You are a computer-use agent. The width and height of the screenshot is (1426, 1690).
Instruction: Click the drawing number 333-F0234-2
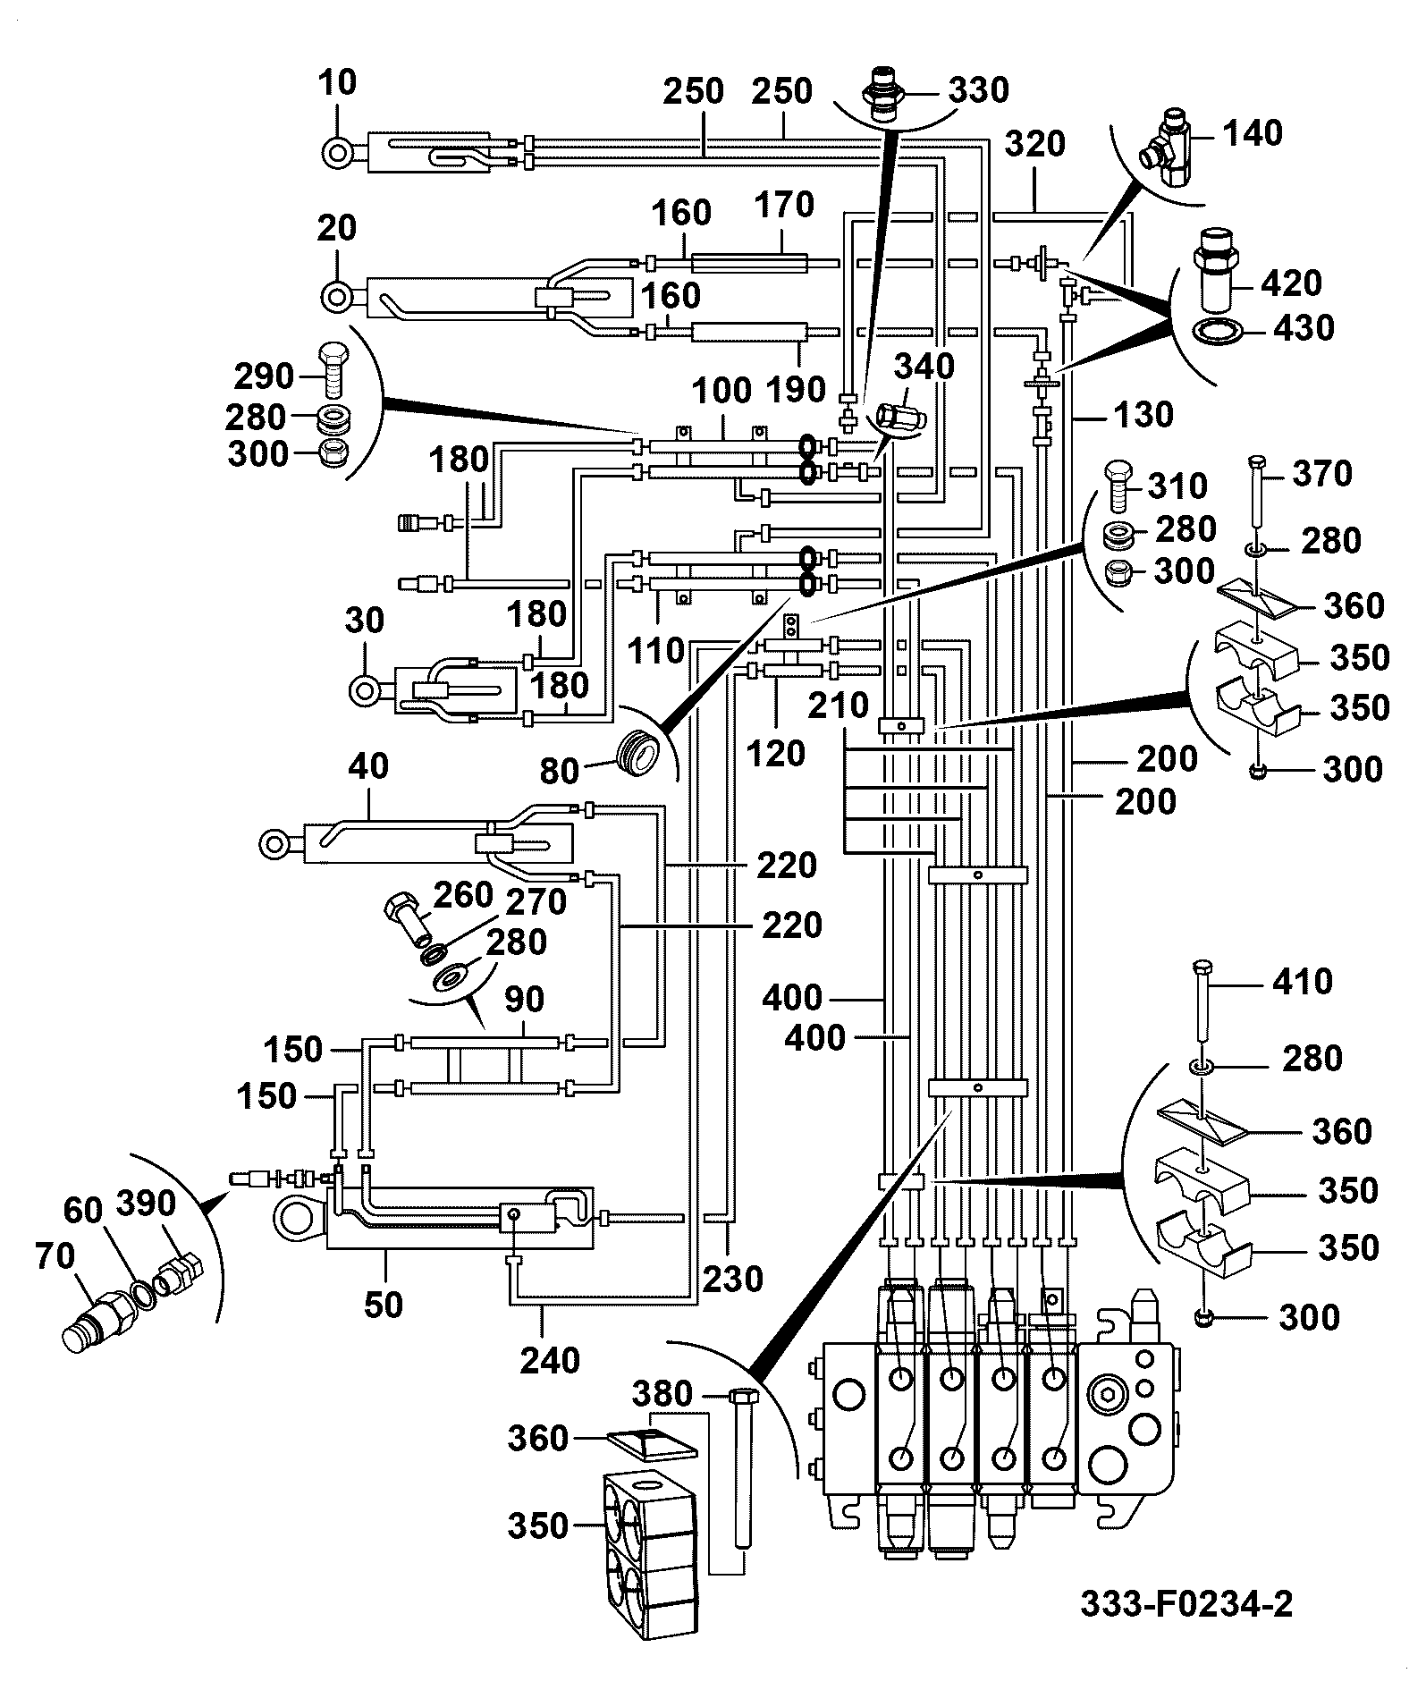pyautogui.click(x=1186, y=1603)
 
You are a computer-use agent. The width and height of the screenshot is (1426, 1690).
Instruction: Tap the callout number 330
pyautogui.click(x=978, y=89)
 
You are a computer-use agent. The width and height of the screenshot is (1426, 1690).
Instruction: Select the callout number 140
pyautogui.click(x=1252, y=133)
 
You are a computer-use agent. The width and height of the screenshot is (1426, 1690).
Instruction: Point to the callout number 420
pyautogui.click(x=1292, y=283)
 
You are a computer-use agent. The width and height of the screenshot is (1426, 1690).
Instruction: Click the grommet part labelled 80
pyautogui.click(x=637, y=747)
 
